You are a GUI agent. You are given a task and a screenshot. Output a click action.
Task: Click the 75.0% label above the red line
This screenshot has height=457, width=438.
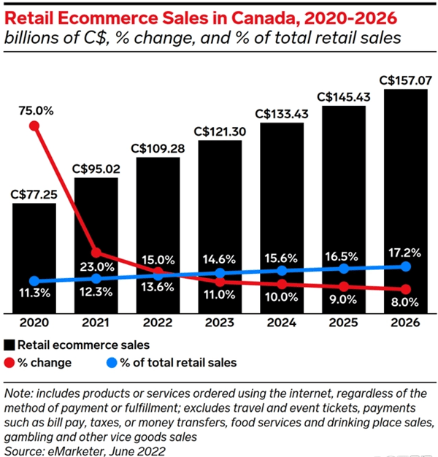point(34,110)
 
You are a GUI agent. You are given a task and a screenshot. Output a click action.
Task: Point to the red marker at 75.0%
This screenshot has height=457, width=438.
point(34,126)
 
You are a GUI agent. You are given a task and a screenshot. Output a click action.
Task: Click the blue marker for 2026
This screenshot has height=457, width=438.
point(406,266)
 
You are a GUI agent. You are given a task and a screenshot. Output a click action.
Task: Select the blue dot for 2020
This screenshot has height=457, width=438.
point(34,281)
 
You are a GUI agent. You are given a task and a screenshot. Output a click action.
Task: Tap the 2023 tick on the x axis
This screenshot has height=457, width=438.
point(220,322)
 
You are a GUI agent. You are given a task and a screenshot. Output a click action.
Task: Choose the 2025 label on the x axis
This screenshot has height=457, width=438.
point(344,322)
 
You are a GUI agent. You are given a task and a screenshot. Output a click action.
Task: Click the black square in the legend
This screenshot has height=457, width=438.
point(9,343)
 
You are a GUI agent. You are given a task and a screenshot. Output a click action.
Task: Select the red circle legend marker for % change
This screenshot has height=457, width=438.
point(9,361)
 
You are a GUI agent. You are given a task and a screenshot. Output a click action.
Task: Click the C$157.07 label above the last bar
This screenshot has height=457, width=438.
point(406,80)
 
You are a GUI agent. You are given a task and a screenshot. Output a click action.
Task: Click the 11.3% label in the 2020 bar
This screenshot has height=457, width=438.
point(34,295)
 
